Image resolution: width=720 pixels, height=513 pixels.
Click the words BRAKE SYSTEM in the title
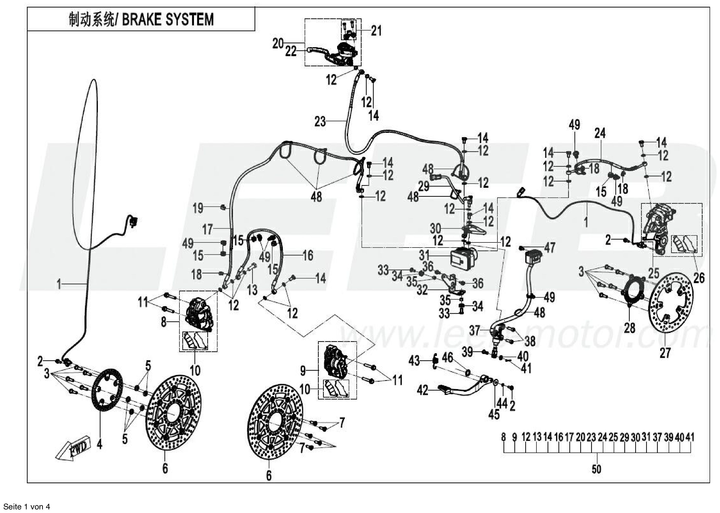click(168, 20)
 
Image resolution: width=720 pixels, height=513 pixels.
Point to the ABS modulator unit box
click(463, 257)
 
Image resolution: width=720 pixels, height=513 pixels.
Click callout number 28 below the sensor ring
click(629, 328)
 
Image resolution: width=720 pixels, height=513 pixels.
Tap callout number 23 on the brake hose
click(320, 121)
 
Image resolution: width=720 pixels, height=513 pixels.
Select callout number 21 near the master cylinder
click(376, 31)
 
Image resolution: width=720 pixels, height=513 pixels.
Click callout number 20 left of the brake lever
click(278, 44)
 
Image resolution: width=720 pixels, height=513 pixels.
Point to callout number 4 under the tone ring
click(100, 445)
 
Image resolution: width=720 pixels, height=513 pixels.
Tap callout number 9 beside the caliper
click(303, 371)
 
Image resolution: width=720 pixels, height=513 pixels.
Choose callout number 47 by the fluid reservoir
click(549, 248)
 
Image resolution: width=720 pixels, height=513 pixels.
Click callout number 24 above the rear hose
click(600, 133)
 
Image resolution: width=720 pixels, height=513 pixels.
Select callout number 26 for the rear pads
click(699, 278)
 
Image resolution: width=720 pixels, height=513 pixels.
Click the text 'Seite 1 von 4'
click(25, 507)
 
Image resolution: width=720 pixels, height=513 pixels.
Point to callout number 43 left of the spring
click(414, 360)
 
